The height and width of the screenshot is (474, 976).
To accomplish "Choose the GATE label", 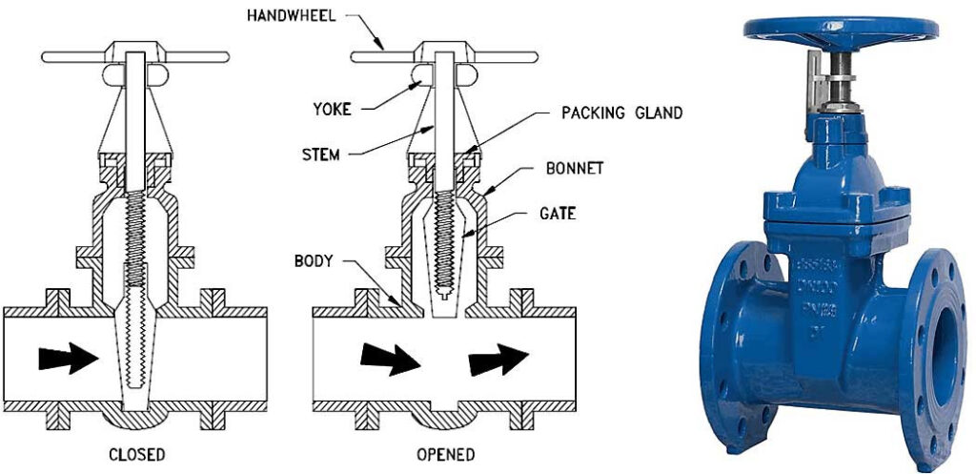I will [x=559, y=216].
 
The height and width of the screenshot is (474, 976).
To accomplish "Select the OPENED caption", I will [x=444, y=454].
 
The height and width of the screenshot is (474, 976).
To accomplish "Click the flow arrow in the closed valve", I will [x=68, y=359].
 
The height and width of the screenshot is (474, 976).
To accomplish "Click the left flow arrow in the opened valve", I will [x=389, y=359].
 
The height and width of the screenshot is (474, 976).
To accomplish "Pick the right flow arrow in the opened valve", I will [x=498, y=359].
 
